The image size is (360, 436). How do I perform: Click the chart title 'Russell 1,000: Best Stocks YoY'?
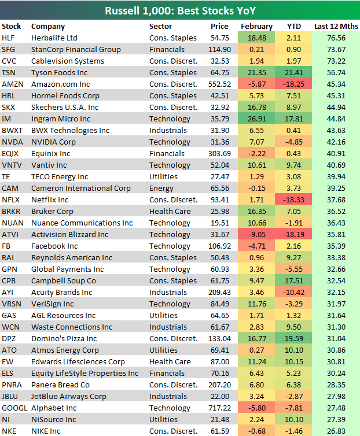(180, 10)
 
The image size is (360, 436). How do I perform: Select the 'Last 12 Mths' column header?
(336, 27)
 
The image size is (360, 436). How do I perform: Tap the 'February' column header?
(256, 27)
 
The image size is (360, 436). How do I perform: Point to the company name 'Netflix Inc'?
(51, 200)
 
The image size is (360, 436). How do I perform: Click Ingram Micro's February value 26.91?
(256, 119)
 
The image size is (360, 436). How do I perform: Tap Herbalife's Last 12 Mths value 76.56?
(336, 38)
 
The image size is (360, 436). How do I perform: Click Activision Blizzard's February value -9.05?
(256, 235)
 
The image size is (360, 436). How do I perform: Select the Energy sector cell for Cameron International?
(160, 189)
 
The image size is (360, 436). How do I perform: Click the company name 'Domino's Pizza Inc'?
(64, 339)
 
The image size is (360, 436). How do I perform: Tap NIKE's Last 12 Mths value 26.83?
(336, 431)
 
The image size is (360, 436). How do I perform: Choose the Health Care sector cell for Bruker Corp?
(170, 212)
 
